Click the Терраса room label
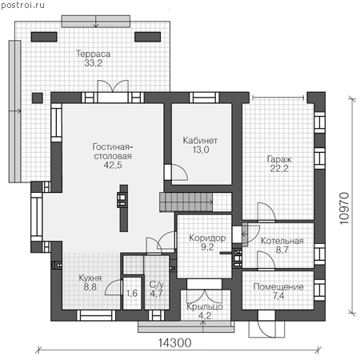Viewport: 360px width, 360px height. click(x=93, y=54)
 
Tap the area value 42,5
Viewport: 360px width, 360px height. click(x=113, y=165)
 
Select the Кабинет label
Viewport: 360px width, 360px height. click(x=200, y=141)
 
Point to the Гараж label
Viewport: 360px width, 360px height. click(x=279, y=159)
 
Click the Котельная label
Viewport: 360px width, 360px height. click(x=282, y=241)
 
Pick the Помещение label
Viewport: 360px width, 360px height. click(x=278, y=286)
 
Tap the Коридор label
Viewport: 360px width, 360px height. click(x=207, y=238)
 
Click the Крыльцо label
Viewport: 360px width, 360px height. click(x=205, y=306)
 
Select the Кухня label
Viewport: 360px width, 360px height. click(x=90, y=278)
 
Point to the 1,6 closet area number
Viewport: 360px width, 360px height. click(x=132, y=294)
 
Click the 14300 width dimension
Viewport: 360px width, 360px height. click(x=175, y=343)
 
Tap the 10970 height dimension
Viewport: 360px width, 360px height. click(x=344, y=209)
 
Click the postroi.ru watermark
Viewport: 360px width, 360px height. click(x=22, y=5)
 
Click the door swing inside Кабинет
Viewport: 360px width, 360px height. click(x=179, y=172)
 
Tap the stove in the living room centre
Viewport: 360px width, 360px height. click(x=122, y=200)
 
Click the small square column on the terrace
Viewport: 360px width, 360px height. click(x=38, y=98)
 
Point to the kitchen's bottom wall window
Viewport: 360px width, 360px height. click(x=96, y=315)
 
